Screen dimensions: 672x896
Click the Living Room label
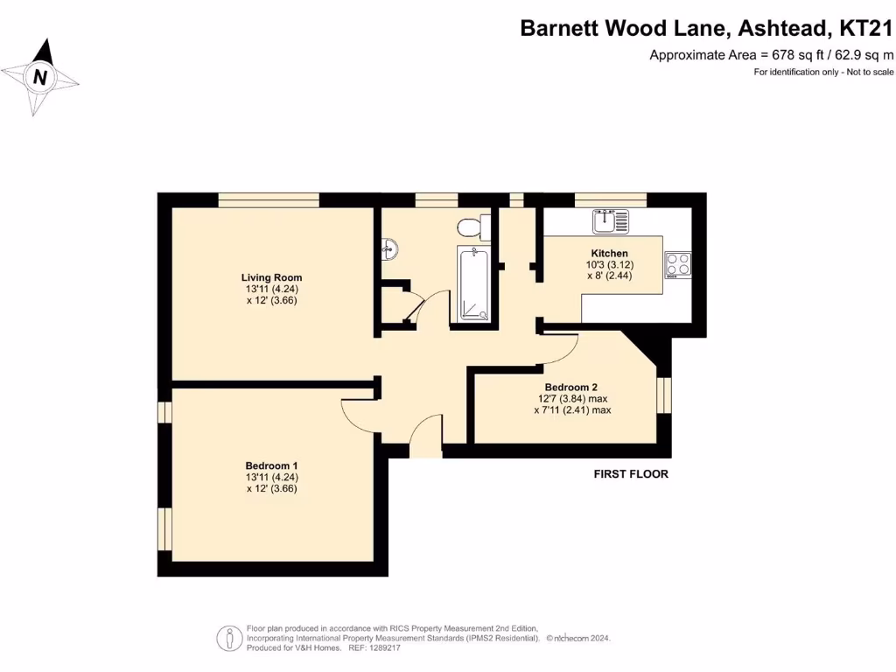click(x=272, y=278)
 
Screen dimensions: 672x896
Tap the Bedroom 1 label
click(x=271, y=465)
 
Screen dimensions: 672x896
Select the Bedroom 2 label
click(x=571, y=387)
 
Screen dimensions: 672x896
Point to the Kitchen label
click(x=609, y=254)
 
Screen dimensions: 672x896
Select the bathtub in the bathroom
click(x=472, y=284)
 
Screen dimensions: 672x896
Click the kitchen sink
click(x=610, y=221)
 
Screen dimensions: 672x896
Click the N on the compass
click(x=39, y=77)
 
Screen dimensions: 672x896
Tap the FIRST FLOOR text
click(x=631, y=474)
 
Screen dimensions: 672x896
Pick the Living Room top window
click(x=269, y=199)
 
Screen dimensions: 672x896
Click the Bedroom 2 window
click(x=663, y=394)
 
